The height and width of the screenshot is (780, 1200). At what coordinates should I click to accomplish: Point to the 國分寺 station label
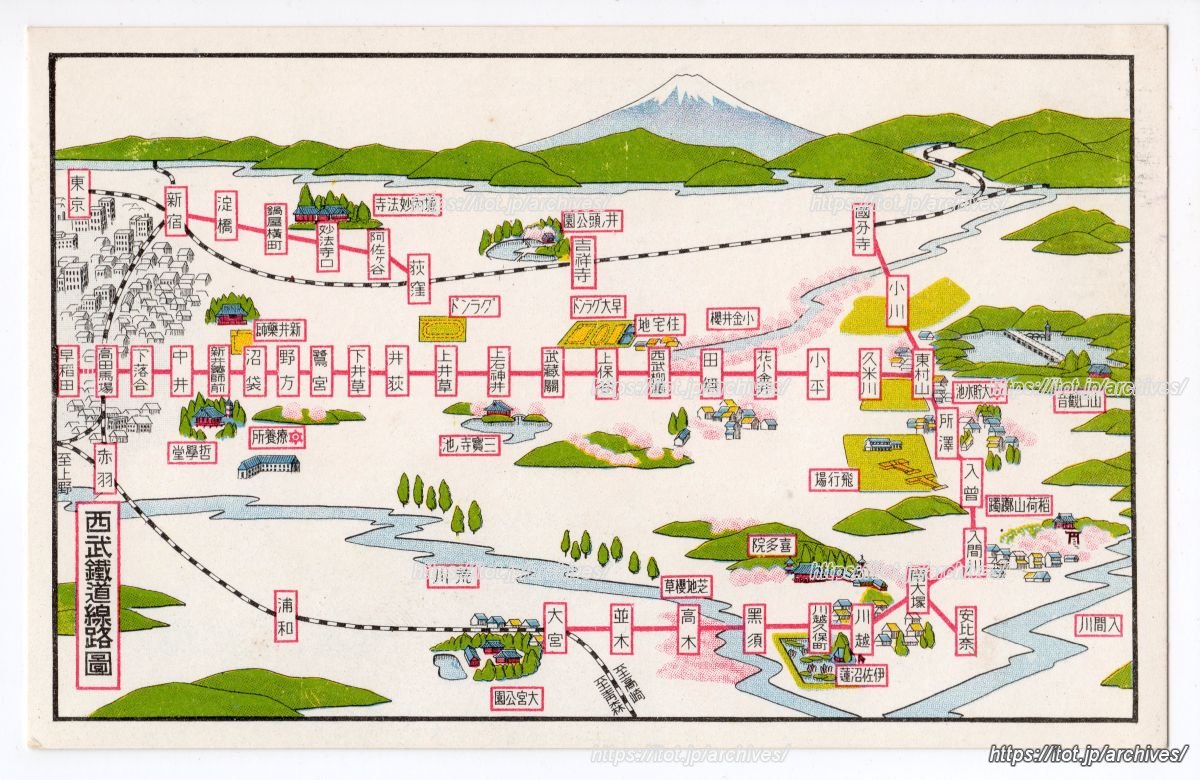coord(865,229)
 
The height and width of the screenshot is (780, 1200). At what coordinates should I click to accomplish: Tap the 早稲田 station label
coord(68,370)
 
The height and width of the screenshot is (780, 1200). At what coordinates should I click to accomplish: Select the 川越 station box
coord(863,628)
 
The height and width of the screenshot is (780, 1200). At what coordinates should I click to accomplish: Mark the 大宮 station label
coord(556,627)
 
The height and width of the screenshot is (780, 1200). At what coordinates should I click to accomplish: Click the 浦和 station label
coord(287,617)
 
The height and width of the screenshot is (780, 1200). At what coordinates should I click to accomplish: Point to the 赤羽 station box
coord(105,468)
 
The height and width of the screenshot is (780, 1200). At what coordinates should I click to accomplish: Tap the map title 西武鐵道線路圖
coord(98,595)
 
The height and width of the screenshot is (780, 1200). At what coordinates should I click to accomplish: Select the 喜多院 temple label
coord(771,545)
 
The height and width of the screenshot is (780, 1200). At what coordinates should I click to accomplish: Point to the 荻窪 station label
coord(419,279)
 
